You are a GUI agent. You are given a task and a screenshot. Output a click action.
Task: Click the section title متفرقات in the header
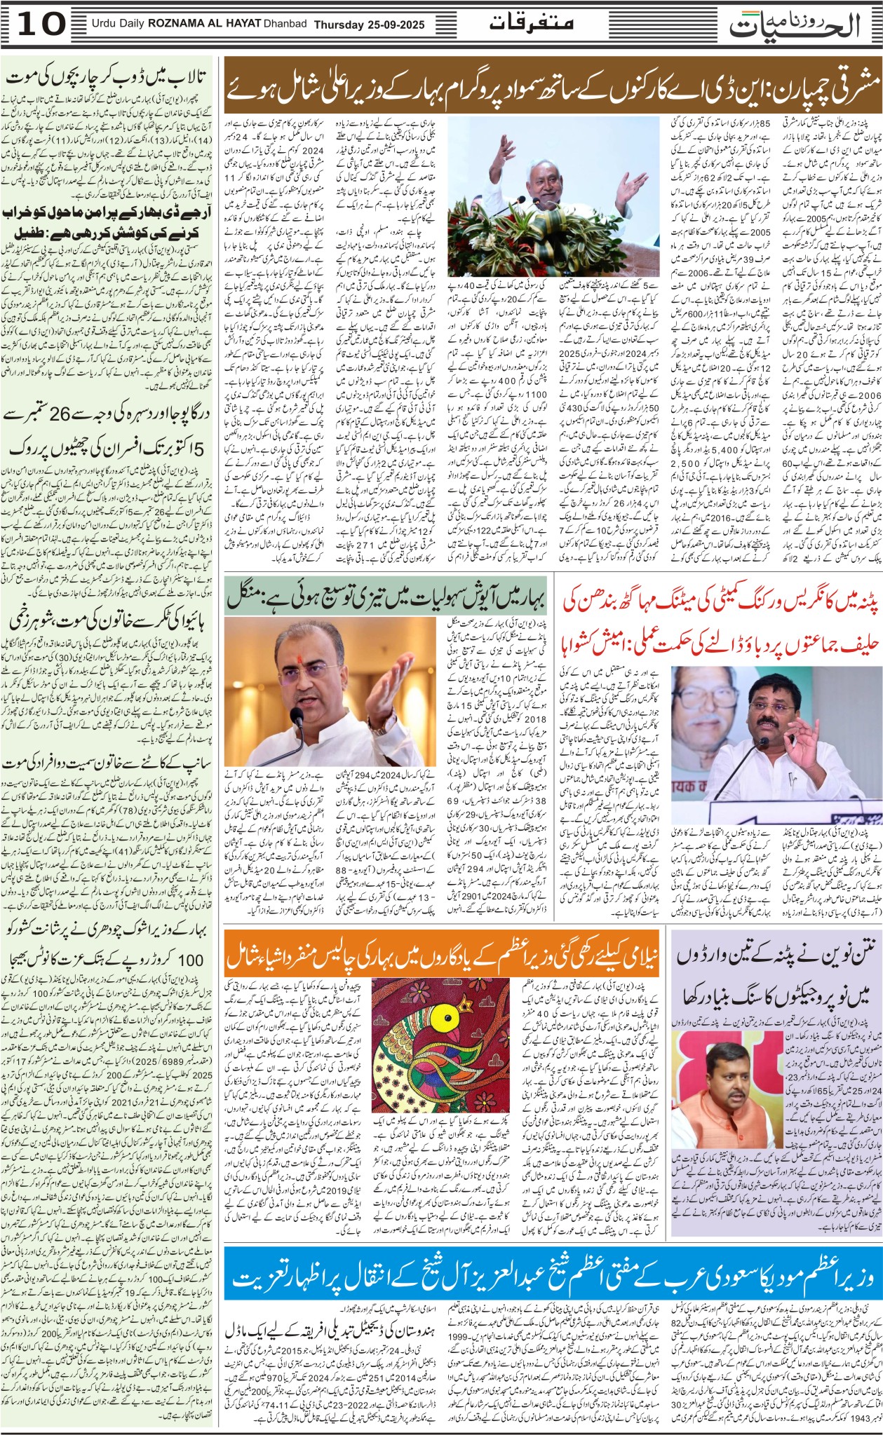point(531,23)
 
